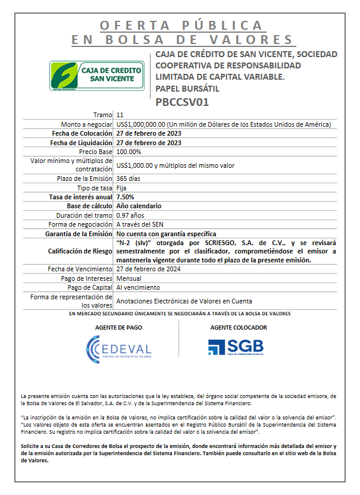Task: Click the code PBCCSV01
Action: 182,102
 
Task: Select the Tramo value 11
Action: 120,114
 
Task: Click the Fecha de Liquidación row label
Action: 81,143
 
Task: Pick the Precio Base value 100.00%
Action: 129,152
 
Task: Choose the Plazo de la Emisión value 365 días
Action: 129,178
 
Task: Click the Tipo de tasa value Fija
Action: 121,187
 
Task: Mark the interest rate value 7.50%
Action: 126,197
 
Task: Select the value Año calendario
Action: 139,206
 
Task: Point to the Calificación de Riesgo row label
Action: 80,251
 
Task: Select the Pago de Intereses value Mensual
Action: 129,278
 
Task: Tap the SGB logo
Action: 236,347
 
